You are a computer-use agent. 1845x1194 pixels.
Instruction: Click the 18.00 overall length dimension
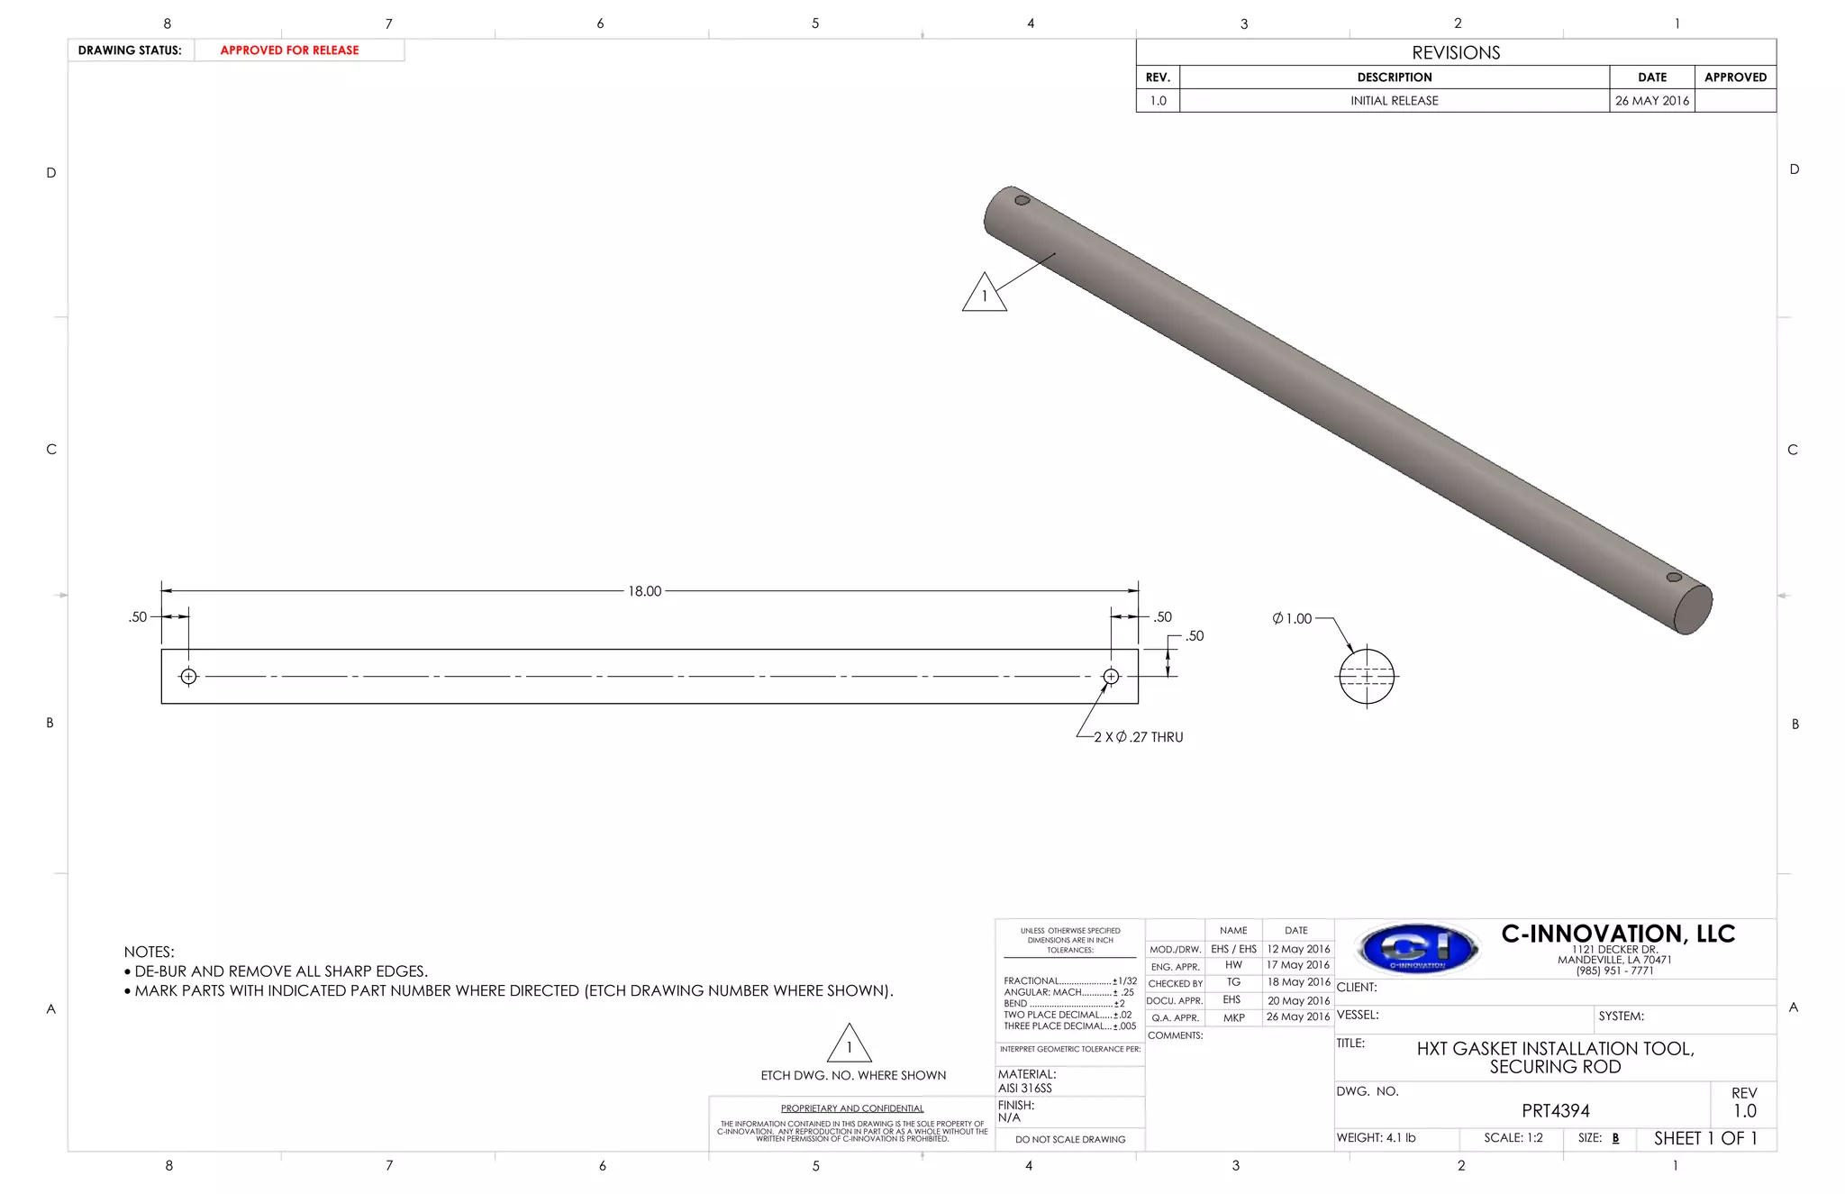coord(645,591)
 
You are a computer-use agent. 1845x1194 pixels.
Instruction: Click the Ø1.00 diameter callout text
coord(1292,618)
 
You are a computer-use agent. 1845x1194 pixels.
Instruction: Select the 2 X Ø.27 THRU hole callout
coord(1139,737)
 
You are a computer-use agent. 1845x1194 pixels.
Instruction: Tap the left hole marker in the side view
coord(188,677)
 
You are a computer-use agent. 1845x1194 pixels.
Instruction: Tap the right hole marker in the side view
coord(1111,677)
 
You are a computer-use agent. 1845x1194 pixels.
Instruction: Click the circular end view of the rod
coord(1367,677)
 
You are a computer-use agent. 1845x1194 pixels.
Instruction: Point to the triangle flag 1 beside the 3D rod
coord(985,295)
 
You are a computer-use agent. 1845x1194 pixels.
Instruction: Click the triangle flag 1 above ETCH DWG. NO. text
coord(849,1045)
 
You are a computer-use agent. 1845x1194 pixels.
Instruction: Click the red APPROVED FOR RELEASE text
coord(289,50)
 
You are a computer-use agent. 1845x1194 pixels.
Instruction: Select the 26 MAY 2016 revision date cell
coord(1651,101)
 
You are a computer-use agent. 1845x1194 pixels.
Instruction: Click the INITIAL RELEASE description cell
coord(1394,101)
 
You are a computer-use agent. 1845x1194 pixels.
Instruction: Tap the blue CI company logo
coord(1418,948)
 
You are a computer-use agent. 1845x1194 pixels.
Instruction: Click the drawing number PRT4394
coord(1556,1111)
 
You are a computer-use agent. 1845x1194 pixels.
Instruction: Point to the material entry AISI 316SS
coord(1025,1088)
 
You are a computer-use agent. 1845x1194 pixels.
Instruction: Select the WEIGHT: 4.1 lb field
coord(1376,1138)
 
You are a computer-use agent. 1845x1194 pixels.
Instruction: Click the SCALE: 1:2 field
coord(1513,1138)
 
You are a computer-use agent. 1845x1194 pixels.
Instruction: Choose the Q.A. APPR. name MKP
coord(1233,1017)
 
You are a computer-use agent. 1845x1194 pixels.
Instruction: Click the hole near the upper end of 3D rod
coord(1022,200)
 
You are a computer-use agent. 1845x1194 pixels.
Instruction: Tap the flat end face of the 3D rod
coord(1693,609)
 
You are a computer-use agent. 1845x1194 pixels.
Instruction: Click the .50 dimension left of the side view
coord(138,617)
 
